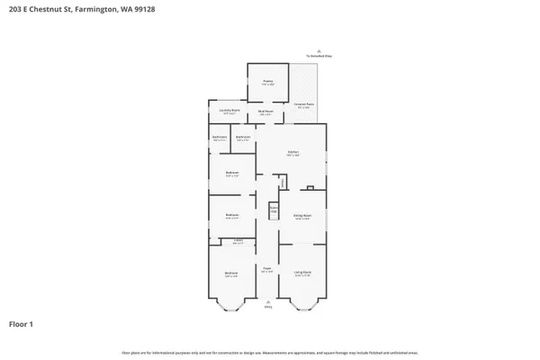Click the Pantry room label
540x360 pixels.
pos(267,82)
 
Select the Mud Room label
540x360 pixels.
pos(266,112)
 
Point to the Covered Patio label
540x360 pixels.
pos(303,105)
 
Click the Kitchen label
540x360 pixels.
pos(292,153)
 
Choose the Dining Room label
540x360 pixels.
pos(301,216)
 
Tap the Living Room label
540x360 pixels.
pos(301,272)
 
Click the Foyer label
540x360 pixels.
pos(267,269)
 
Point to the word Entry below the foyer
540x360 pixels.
pos(267,308)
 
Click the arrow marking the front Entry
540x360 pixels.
pos(267,301)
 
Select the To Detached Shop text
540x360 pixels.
pos(319,57)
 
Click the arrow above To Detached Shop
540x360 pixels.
pos(319,50)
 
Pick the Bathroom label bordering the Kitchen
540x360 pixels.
pos(243,138)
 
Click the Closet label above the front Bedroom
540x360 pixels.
pos(238,240)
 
